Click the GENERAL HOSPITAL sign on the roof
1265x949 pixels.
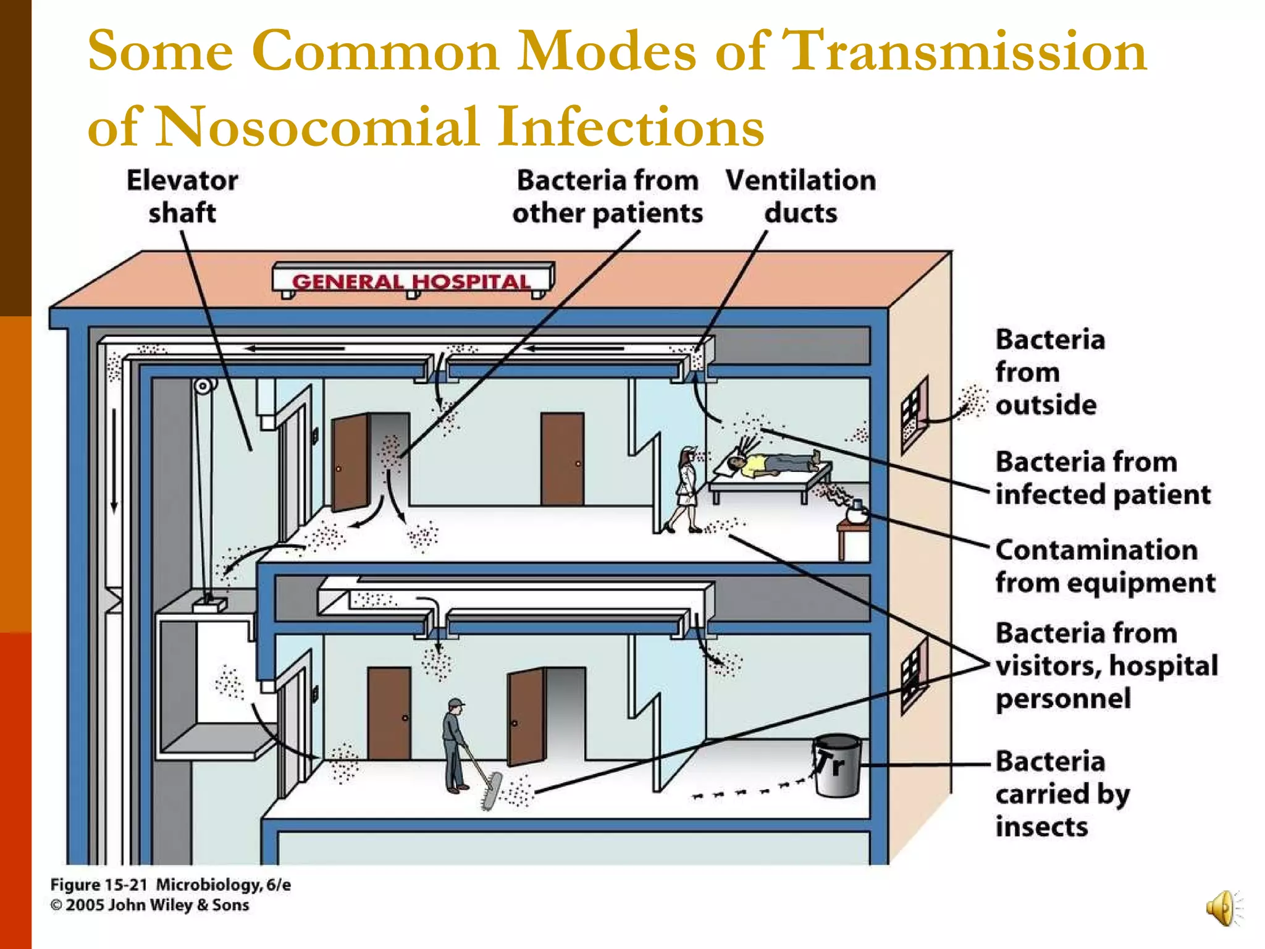point(412,281)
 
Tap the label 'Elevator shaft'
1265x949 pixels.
point(182,196)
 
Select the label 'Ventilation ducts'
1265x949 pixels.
point(801,196)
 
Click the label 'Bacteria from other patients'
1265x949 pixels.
point(608,196)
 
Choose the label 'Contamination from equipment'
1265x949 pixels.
point(1104,566)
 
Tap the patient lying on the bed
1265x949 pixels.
point(772,463)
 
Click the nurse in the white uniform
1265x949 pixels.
point(686,488)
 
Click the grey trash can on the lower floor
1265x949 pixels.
point(836,766)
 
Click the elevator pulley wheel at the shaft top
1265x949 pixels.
point(203,387)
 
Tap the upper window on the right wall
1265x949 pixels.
point(914,414)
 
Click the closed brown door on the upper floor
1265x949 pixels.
point(562,458)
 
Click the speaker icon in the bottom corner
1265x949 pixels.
point(1222,908)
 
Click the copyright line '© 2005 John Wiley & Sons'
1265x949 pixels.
point(149,905)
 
